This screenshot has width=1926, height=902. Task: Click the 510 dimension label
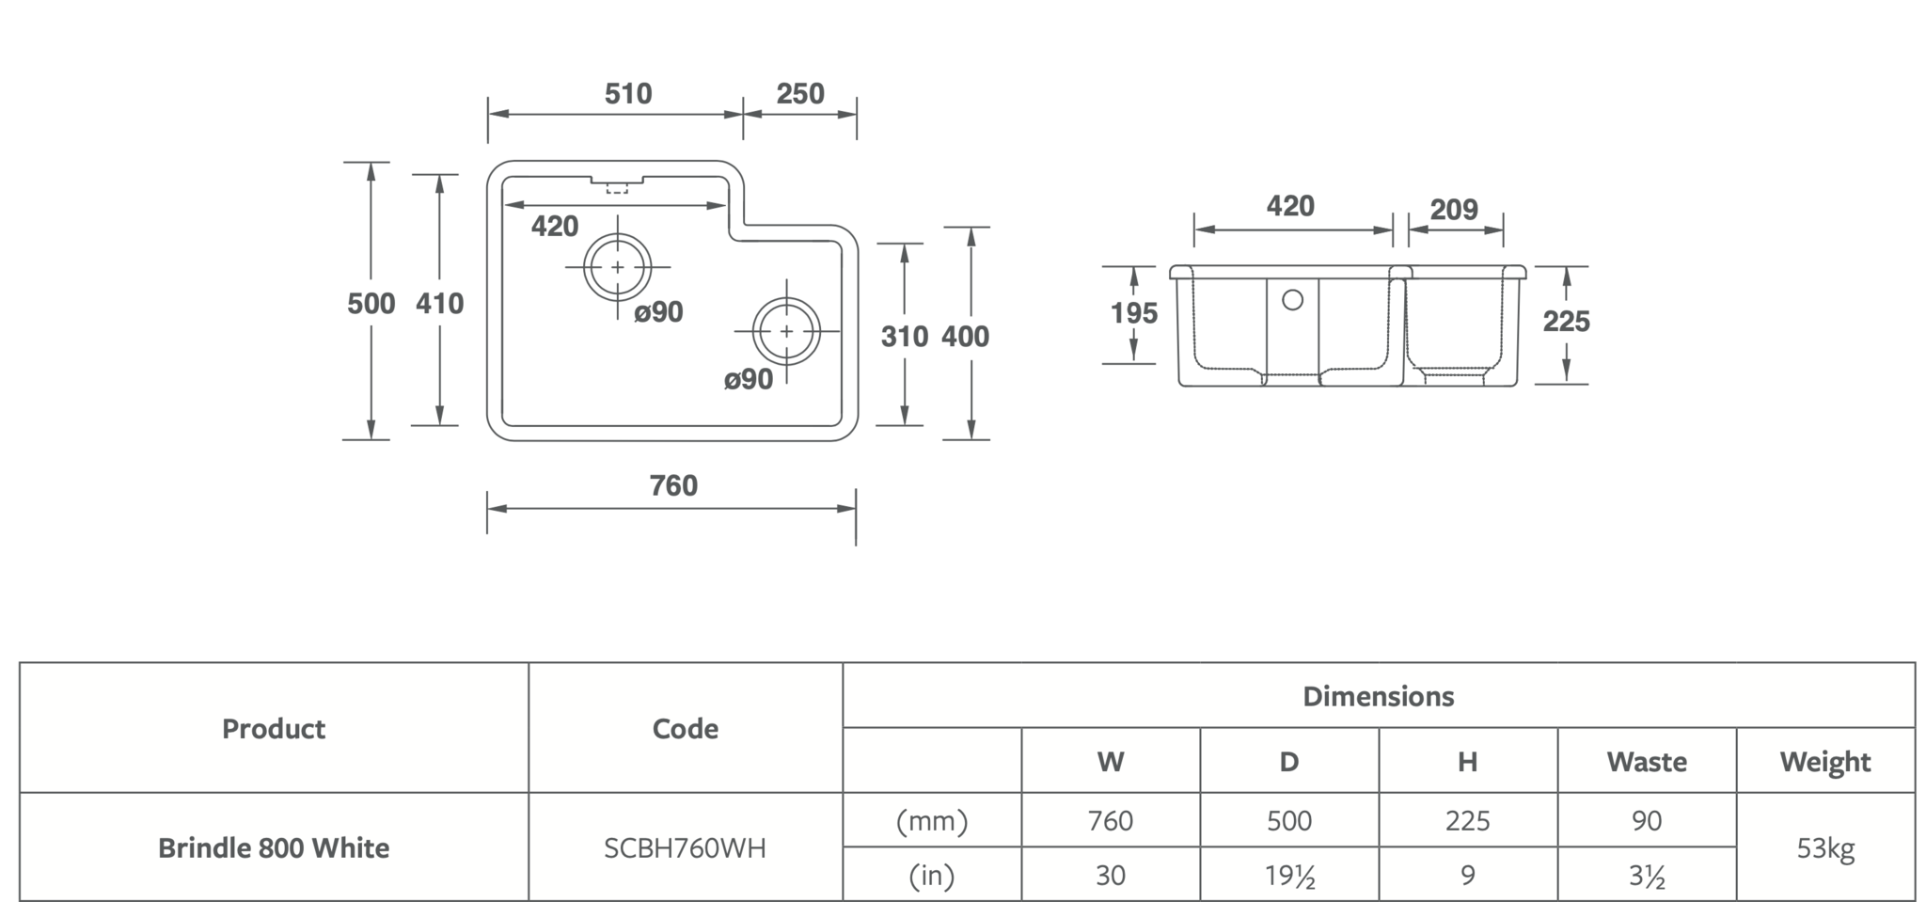(x=627, y=94)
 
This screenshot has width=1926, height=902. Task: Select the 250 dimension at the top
(x=799, y=94)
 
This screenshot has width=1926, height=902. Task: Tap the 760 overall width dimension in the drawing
(x=673, y=485)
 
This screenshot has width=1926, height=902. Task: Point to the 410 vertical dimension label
(x=439, y=304)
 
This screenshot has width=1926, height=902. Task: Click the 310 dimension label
(x=904, y=337)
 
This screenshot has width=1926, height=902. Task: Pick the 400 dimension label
(x=965, y=337)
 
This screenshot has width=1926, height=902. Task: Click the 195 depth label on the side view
(x=1133, y=313)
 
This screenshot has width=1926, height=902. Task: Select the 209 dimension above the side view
(x=1454, y=210)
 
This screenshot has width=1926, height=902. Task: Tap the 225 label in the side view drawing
(x=1566, y=322)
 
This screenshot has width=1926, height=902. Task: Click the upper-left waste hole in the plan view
(x=617, y=268)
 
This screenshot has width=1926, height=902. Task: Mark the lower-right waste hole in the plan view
(x=786, y=331)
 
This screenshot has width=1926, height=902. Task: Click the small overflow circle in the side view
(x=1292, y=300)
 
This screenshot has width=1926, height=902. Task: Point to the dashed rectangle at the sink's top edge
(x=617, y=188)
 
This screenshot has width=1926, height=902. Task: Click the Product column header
(x=274, y=729)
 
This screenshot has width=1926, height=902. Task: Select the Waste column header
(x=1646, y=761)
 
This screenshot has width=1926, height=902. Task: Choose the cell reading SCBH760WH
(x=685, y=848)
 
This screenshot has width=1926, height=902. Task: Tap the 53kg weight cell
(x=1824, y=848)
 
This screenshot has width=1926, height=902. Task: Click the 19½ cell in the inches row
(x=1288, y=876)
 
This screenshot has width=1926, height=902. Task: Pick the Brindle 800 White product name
(x=274, y=848)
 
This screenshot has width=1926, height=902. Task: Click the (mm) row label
(x=931, y=821)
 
